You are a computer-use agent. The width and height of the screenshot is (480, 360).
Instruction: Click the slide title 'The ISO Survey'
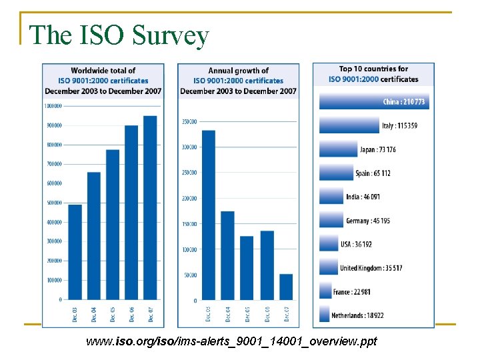click(120, 35)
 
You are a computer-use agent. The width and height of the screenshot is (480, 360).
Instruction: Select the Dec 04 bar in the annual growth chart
click(228, 256)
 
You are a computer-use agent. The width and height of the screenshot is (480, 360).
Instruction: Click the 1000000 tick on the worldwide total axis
click(53, 105)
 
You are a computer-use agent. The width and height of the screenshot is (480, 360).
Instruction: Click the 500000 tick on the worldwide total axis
click(53, 203)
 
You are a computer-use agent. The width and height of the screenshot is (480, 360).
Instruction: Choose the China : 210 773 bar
click(373, 102)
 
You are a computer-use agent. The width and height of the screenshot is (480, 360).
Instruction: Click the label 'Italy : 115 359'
click(399, 126)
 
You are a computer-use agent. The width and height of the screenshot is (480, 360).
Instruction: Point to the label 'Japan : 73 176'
click(377, 149)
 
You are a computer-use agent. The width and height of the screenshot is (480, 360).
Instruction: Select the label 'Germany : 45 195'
click(368, 221)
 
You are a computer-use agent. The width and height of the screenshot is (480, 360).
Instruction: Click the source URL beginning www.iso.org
click(231, 341)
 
